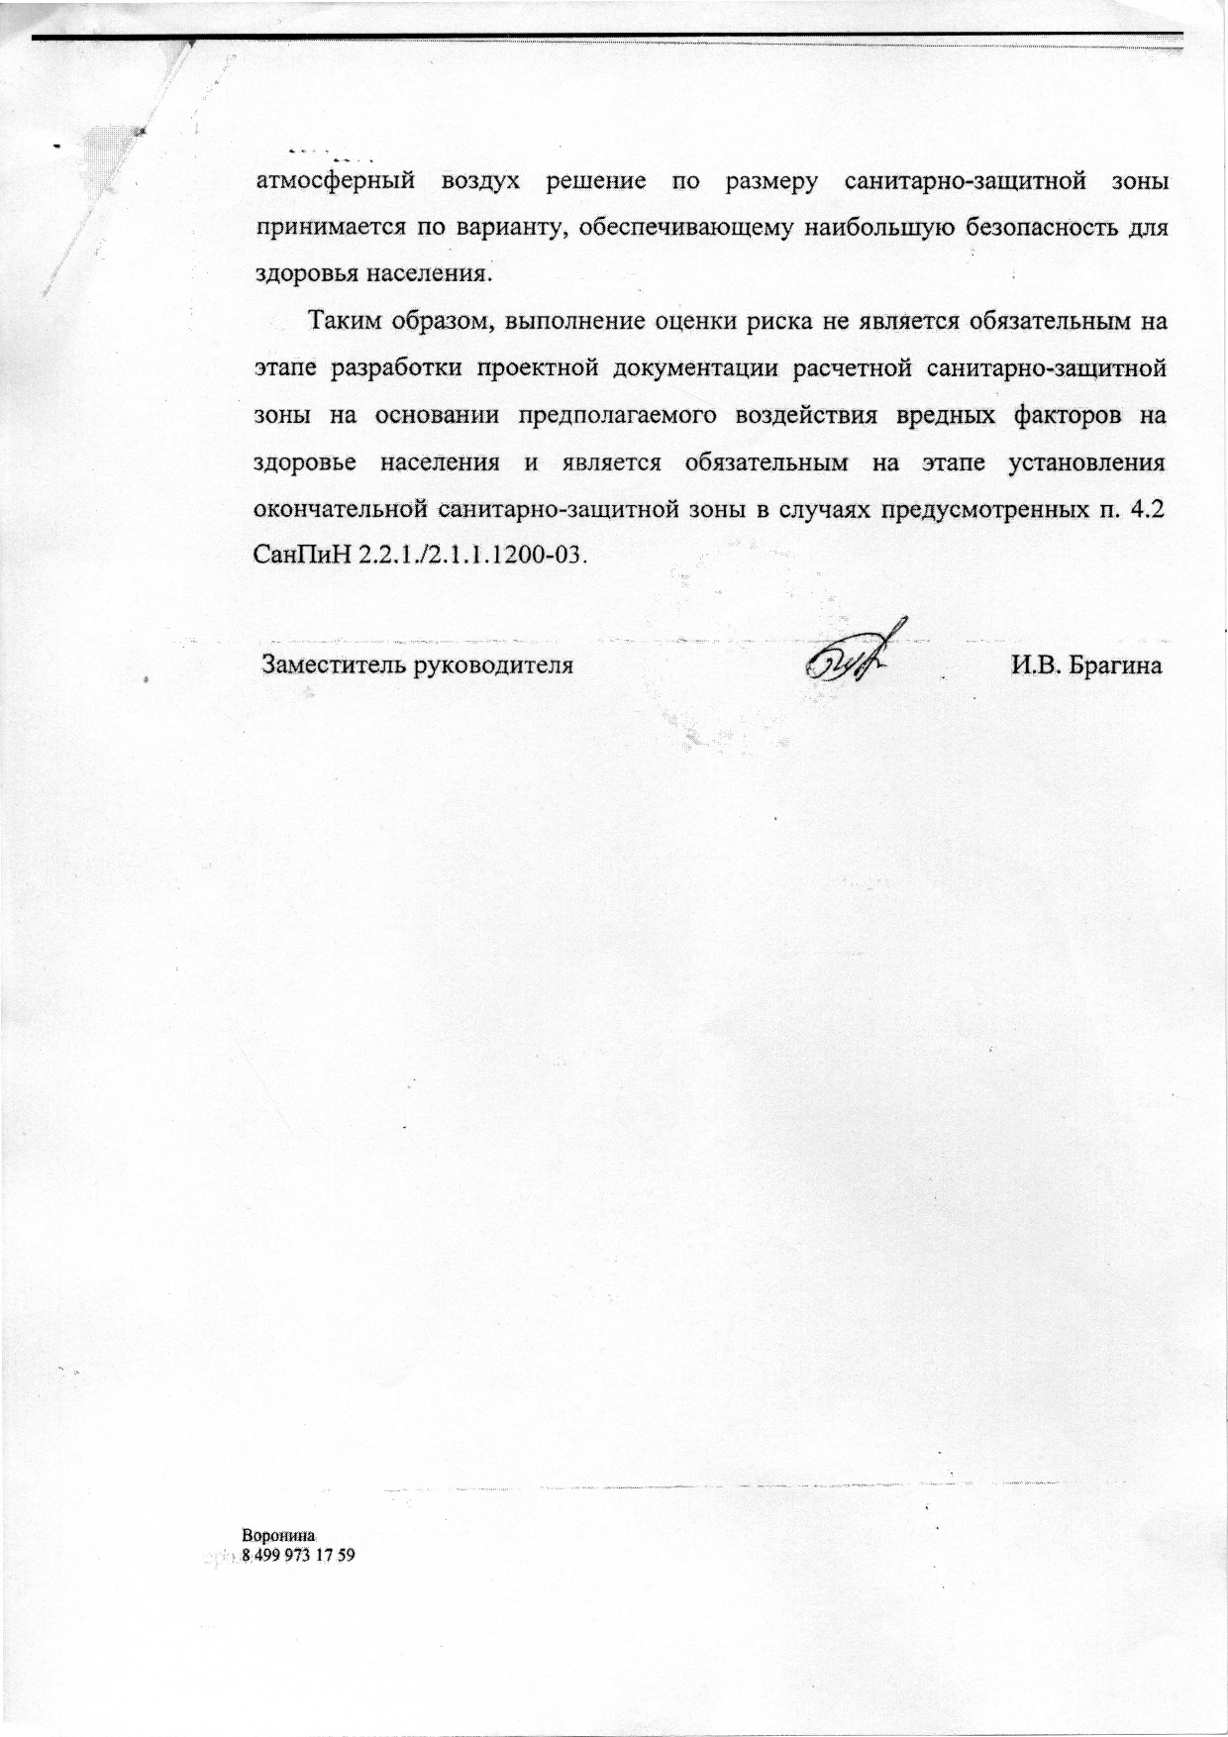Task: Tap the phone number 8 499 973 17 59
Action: [298, 1556]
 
